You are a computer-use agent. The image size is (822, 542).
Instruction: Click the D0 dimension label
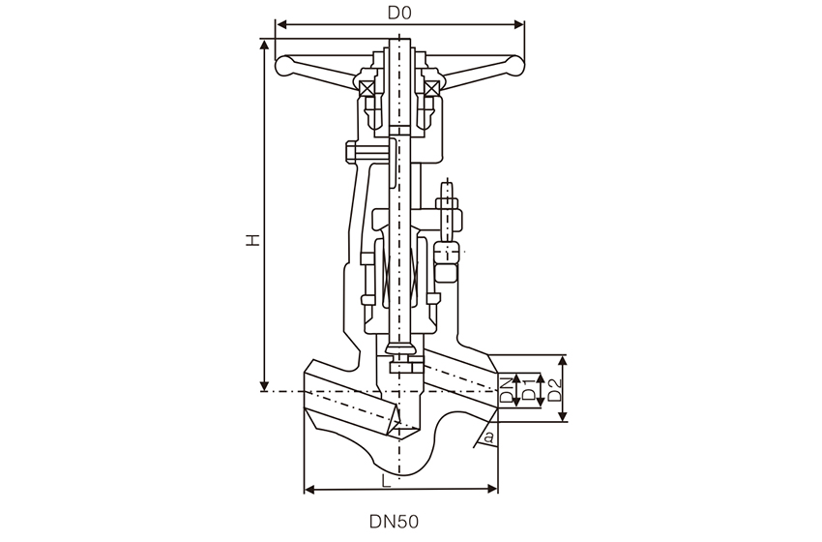click(x=399, y=13)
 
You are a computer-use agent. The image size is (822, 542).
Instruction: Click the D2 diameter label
click(x=554, y=391)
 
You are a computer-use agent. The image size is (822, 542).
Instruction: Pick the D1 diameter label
click(x=528, y=391)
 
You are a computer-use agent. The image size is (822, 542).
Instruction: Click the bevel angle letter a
click(x=489, y=437)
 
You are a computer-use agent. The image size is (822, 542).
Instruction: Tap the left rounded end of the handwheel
click(x=284, y=66)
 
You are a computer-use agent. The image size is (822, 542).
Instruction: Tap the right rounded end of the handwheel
click(x=514, y=66)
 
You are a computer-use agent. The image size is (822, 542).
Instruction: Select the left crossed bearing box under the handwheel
click(x=367, y=89)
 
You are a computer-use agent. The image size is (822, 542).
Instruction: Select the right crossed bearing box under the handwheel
click(x=431, y=89)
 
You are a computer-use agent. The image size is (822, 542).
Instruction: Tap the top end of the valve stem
click(x=399, y=42)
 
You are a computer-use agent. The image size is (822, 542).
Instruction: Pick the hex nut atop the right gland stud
click(x=447, y=204)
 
